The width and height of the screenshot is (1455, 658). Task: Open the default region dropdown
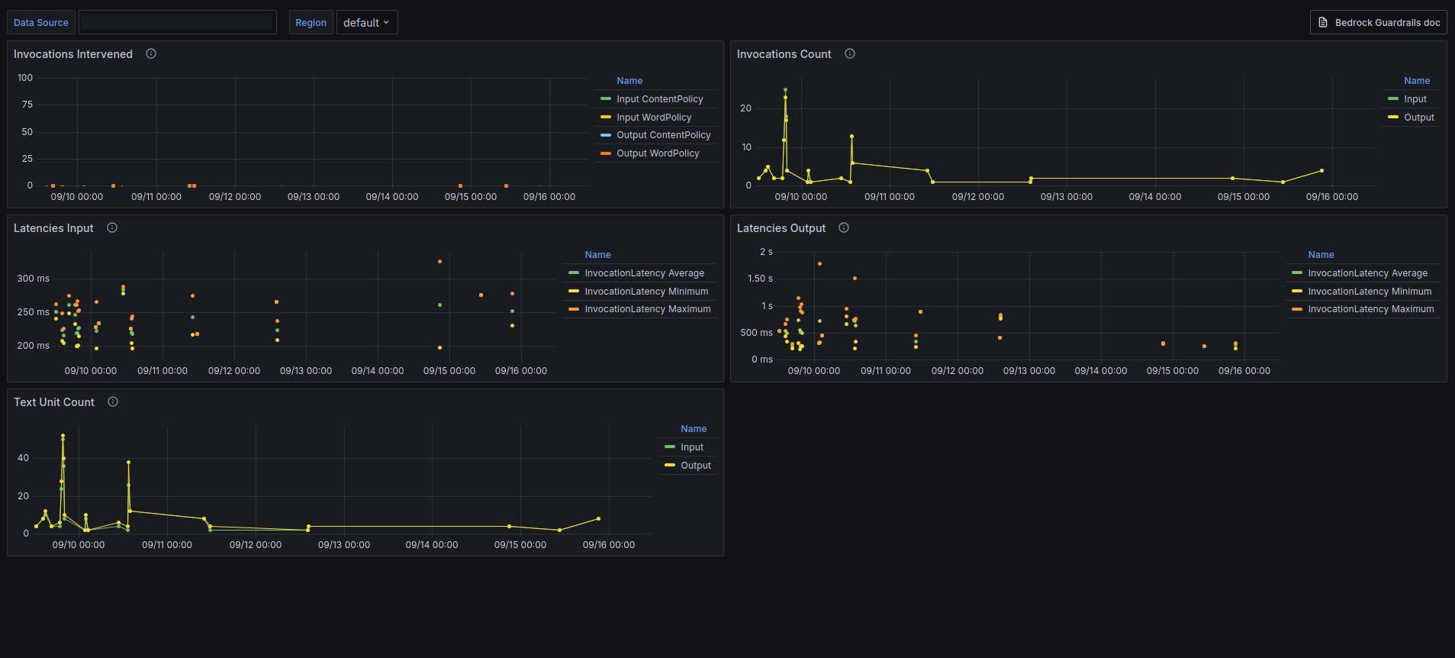tap(366, 23)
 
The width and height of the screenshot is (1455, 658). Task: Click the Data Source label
tap(41, 23)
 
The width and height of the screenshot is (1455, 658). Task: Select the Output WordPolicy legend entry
tap(658, 153)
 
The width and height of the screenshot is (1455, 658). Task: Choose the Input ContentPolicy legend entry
tap(659, 99)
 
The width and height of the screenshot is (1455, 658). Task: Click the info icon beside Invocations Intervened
tap(151, 53)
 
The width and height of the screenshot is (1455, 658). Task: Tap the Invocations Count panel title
tap(784, 54)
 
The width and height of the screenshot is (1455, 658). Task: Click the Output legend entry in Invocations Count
tap(1418, 118)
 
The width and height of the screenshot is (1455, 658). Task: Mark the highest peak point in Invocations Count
tap(785, 90)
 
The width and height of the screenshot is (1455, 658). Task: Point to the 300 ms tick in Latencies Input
tap(34, 279)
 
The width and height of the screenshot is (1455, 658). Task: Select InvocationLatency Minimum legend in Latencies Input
tap(645, 292)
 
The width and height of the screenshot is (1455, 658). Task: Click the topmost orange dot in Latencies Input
tap(439, 262)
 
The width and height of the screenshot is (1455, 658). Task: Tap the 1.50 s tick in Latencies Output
tap(760, 279)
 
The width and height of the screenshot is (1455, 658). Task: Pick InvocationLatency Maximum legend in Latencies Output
tap(1370, 309)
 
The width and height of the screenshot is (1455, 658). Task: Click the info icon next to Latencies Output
tap(844, 227)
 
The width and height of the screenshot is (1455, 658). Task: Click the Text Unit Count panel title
tap(54, 402)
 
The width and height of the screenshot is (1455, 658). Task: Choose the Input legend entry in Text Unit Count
tap(691, 447)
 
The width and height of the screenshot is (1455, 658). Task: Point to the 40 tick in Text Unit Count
tap(24, 458)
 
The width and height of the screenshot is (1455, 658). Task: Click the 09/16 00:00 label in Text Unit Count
tap(608, 545)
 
